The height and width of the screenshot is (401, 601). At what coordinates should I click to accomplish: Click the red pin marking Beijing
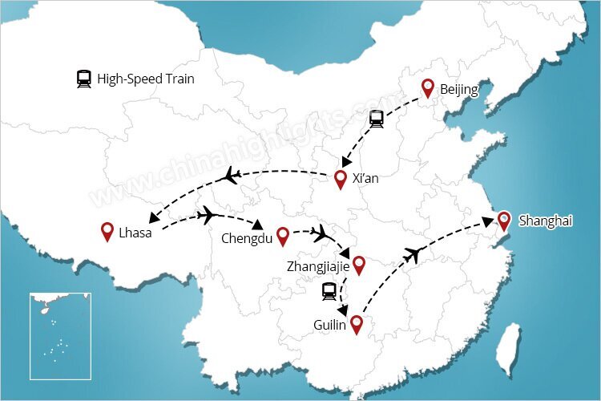point(428,88)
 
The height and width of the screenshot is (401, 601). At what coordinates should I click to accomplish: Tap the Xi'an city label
point(365,178)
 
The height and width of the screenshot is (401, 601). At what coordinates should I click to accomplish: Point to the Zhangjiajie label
point(317,264)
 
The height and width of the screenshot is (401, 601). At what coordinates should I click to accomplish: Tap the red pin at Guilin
point(356,323)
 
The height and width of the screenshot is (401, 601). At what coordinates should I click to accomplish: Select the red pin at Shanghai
point(503,220)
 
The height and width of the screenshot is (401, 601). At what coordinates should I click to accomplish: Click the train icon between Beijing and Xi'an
point(376,119)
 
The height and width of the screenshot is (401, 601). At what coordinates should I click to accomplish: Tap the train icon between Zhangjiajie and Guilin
point(329,291)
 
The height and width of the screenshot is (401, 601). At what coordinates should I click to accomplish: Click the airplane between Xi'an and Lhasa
point(232,174)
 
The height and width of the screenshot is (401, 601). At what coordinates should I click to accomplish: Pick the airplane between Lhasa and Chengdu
point(208,215)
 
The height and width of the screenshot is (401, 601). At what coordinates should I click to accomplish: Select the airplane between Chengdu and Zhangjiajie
point(321,233)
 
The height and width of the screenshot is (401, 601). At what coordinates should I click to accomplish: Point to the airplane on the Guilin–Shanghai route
point(413,255)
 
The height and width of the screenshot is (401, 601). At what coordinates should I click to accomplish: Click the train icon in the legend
point(83,79)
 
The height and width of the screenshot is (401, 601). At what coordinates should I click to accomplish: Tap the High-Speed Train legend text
point(146,79)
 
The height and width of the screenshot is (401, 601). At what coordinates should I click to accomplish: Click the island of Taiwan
point(508,351)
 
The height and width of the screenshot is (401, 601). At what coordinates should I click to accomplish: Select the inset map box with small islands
point(60,335)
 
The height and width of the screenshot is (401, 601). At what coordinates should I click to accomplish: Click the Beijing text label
point(458,90)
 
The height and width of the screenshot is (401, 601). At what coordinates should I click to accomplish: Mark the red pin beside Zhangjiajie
point(358,264)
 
